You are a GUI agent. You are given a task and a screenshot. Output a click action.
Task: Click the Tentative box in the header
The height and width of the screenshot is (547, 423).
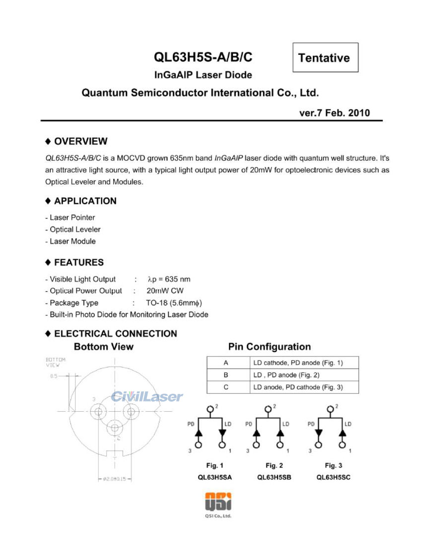point(324,58)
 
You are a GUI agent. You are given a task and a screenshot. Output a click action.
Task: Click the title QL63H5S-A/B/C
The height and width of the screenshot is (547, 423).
point(203,57)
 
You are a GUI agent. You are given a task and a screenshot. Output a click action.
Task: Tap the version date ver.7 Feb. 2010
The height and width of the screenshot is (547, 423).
point(334,113)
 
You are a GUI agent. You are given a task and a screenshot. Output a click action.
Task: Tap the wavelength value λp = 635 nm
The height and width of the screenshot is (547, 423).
point(169,279)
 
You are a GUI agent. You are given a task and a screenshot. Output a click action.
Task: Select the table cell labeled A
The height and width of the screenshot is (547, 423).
point(226,363)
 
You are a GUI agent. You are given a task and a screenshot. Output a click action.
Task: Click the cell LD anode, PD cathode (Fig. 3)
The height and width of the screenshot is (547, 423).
point(298,387)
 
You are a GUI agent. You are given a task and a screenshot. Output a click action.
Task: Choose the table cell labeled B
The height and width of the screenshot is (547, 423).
point(226,375)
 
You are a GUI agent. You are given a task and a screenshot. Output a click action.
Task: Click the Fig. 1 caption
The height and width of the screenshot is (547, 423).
point(214,465)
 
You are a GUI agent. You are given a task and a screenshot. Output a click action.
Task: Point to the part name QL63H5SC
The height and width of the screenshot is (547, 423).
point(334,477)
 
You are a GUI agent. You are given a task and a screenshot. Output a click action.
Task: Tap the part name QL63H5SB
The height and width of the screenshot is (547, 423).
point(274,477)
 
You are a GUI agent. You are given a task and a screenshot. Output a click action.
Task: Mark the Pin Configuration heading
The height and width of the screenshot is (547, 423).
point(269,347)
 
